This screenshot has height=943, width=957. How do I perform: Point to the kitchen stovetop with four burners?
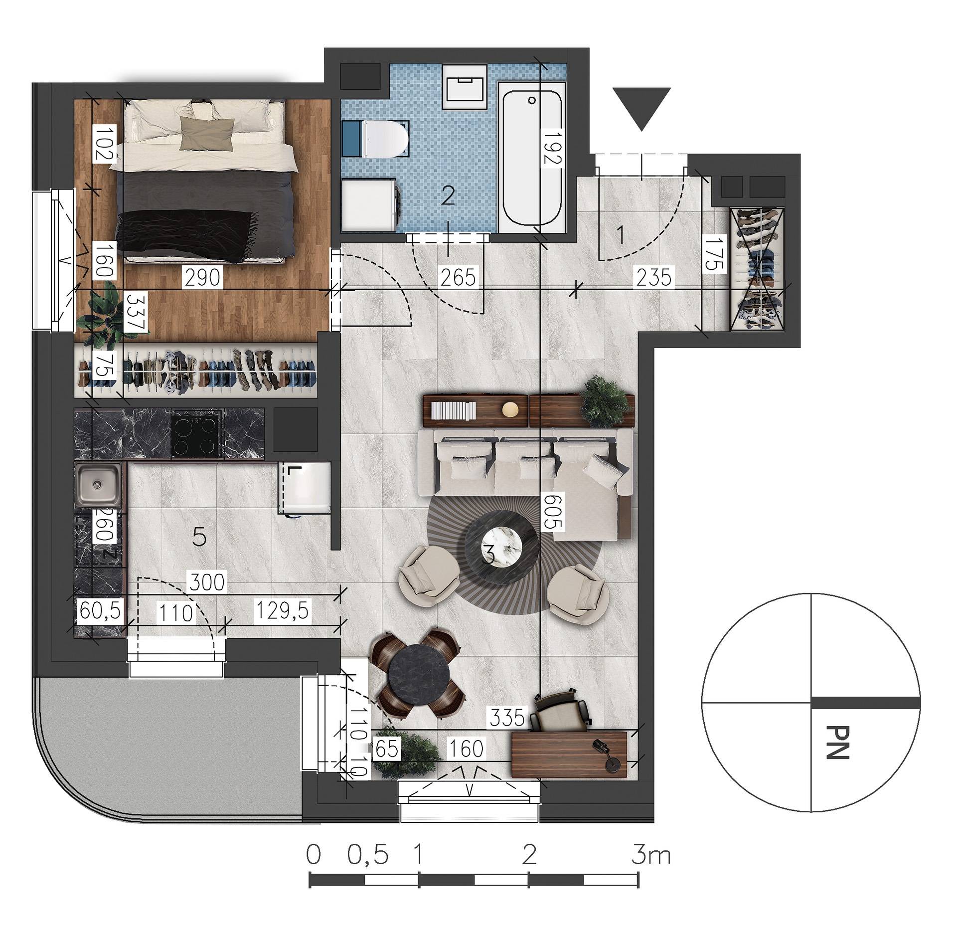196,436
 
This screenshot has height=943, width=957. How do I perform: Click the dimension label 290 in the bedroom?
202,277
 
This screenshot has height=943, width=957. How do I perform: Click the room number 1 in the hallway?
621,235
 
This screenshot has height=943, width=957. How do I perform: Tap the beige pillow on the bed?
207,133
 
